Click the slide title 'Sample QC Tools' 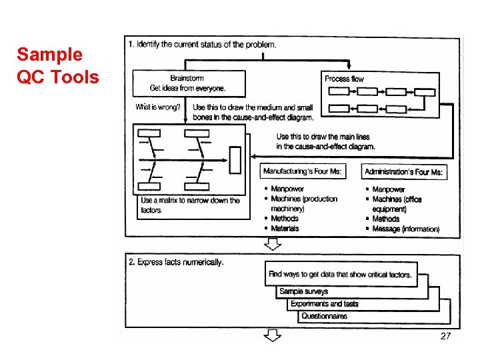(57, 66)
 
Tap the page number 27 (446, 337)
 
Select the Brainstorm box (187, 83)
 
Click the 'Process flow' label (344, 79)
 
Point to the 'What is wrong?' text (158, 107)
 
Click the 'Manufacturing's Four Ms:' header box (303, 172)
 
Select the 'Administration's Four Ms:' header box (403, 172)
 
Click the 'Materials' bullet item (285, 229)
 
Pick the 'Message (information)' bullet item (405, 229)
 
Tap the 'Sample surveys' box (303, 291)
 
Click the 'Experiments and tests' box (324, 304)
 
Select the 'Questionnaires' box (324, 316)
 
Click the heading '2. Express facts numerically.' (176, 263)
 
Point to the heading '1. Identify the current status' (201, 45)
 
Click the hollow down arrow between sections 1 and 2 (272, 245)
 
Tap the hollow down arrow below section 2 (272, 335)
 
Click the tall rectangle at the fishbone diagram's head (235, 160)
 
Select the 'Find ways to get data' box (340, 274)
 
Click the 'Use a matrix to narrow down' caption (190, 205)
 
